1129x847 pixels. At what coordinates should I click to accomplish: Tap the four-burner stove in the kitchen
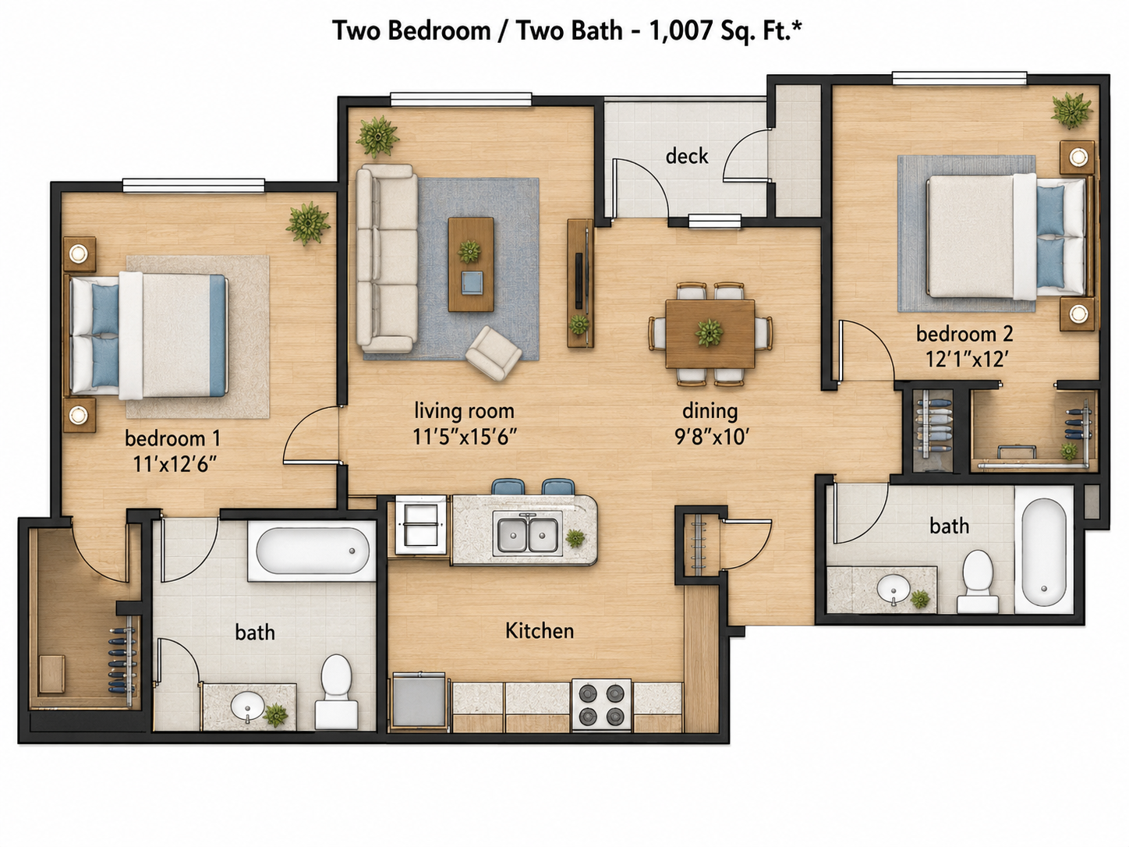[x=601, y=704]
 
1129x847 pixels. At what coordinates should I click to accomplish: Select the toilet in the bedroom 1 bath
[x=336, y=691]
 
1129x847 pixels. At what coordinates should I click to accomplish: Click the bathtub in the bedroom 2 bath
[x=1043, y=551]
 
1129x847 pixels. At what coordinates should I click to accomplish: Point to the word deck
[x=687, y=156]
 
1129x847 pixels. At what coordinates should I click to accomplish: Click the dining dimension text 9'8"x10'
[x=711, y=437]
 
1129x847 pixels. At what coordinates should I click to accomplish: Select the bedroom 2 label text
[x=964, y=334]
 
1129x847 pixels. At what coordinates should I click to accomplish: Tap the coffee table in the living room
[x=471, y=264]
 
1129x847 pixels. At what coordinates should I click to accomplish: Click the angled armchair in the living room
[x=494, y=354]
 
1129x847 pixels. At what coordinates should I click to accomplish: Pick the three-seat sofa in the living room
[x=388, y=258]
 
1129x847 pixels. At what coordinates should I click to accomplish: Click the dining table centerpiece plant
[x=710, y=332]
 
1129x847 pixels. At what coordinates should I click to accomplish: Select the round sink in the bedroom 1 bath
[x=248, y=704]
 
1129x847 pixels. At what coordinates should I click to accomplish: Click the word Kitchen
[x=540, y=630]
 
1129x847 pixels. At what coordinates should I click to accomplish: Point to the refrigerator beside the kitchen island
[x=420, y=525]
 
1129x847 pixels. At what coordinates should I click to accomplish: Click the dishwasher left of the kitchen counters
[x=418, y=701]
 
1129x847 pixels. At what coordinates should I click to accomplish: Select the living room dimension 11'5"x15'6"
[x=465, y=437]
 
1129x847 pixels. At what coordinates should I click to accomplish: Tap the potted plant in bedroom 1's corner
[x=307, y=223]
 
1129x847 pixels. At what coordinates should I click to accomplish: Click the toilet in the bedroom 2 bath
[x=977, y=582]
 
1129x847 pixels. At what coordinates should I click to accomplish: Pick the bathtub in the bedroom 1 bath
[x=312, y=551]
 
